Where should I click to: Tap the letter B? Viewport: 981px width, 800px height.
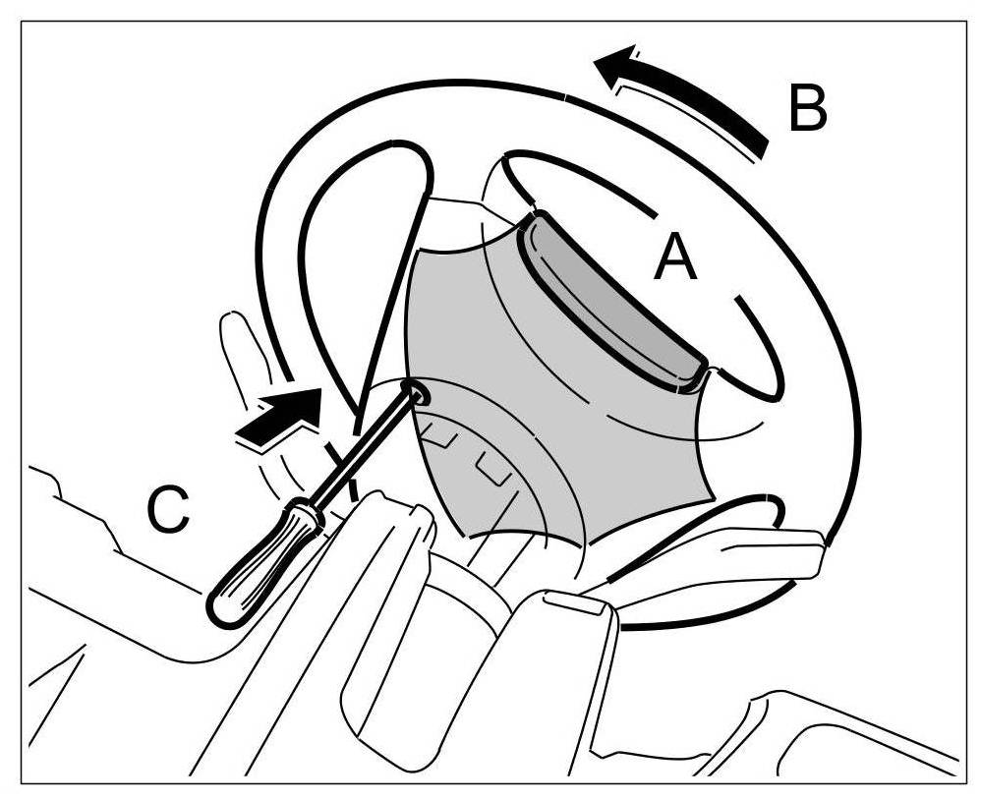tap(807, 108)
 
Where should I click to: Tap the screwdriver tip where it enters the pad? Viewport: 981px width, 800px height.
tap(417, 394)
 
